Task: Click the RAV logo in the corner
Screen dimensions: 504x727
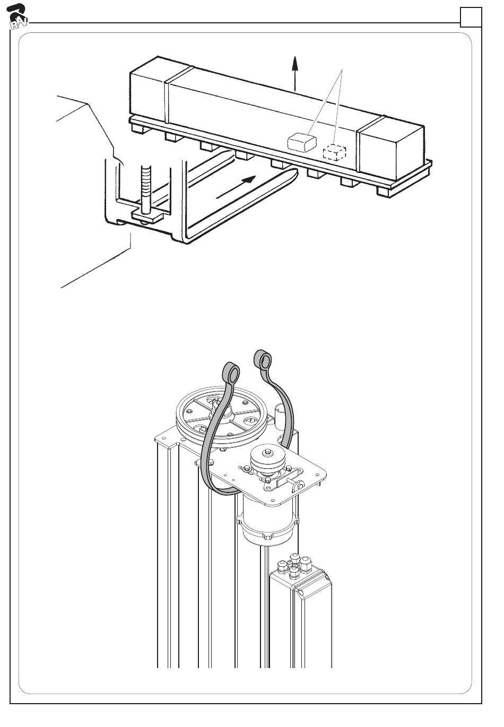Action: click(x=17, y=16)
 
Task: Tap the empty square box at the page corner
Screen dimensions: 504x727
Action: click(x=471, y=17)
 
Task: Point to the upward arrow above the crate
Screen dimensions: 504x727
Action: click(x=294, y=74)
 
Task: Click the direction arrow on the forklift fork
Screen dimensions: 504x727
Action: click(x=236, y=187)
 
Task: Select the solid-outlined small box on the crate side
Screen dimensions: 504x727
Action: click(x=302, y=142)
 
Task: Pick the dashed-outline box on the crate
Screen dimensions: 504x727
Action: click(x=334, y=152)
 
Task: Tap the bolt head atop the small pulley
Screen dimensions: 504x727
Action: click(x=267, y=452)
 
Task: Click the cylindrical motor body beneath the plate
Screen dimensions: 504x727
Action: click(x=267, y=520)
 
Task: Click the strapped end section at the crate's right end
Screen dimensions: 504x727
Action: click(x=391, y=150)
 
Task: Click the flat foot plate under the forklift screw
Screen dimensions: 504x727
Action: click(x=147, y=215)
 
